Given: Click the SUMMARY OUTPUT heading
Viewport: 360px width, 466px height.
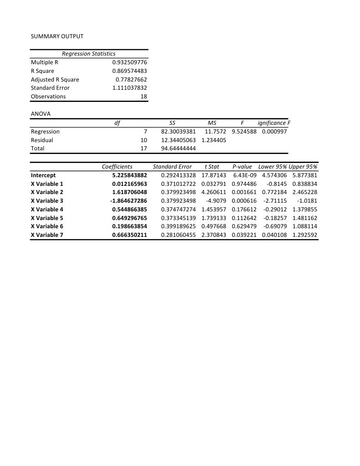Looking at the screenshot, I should (x=57, y=36).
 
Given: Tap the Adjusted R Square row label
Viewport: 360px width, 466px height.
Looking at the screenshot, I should (x=55, y=79).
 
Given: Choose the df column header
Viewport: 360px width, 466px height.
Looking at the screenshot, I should (x=117, y=123).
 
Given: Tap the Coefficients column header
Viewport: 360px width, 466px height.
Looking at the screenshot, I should (x=117, y=167).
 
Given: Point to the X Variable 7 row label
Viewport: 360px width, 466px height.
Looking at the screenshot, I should (x=47, y=235).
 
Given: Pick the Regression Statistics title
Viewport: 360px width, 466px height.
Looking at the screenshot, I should (x=88, y=54).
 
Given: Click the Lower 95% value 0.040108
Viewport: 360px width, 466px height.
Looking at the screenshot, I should (x=274, y=235).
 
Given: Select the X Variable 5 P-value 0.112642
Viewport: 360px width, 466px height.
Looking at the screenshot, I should (x=244, y=218).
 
